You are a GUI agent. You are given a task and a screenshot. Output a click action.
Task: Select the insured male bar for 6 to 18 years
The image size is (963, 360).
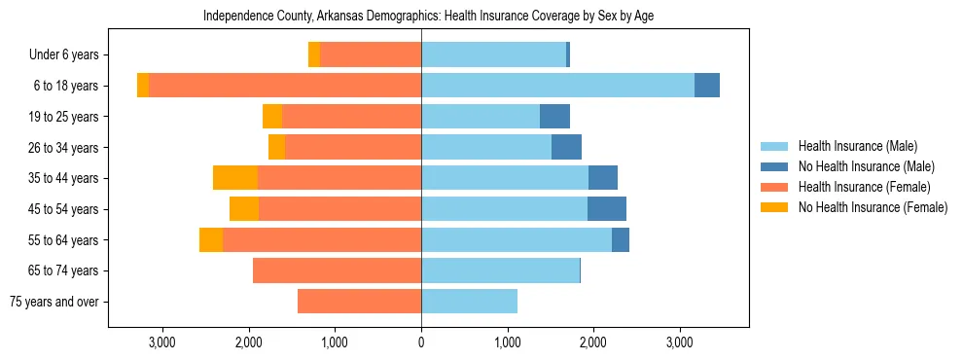(x=557, y=86)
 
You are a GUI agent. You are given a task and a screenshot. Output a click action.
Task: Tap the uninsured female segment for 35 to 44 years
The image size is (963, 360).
(x=235, y=178)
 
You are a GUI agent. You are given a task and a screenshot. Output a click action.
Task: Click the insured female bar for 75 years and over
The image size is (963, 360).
(x=359, y=302)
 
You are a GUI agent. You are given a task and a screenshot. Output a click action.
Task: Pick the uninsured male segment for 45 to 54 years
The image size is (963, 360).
(x=607, y=209)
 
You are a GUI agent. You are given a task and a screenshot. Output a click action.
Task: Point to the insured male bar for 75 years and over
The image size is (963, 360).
(x=469, y=302)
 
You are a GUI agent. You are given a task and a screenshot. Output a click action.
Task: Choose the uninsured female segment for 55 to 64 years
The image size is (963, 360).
(x=211, y=240)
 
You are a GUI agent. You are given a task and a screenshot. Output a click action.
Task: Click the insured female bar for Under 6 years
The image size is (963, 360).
(x=371, y=54)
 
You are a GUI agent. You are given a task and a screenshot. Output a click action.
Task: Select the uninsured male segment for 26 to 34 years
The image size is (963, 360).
(x=566, y=148)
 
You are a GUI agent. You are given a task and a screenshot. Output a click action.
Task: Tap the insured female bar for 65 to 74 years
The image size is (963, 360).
(x=337, y=270)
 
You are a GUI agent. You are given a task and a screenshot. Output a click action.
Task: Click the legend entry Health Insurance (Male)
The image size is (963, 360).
(x=857, y=146)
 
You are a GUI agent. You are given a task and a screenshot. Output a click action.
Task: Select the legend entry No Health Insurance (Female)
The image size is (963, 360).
(x=873, y=207)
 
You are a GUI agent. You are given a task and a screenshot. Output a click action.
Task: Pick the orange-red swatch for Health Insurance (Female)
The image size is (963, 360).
(x=775, y=187)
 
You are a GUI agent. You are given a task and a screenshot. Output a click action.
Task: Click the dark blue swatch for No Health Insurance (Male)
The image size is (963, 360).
(x=775, y=166)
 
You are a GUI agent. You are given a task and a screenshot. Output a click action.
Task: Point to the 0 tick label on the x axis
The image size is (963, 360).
(x=421, y=342)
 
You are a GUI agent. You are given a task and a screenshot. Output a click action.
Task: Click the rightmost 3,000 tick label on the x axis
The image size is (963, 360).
(x=679, y=342)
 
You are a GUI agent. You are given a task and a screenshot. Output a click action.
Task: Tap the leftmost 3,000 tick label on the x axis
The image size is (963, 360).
(x=162, y=342)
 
